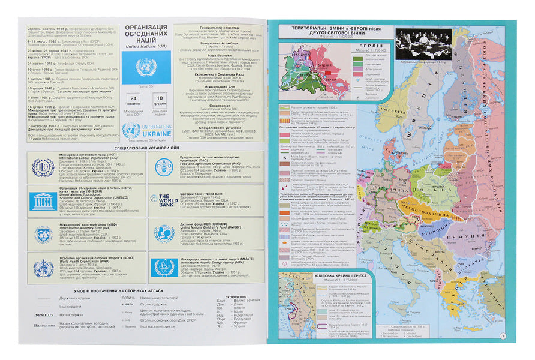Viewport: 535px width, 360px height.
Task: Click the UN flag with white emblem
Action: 145,67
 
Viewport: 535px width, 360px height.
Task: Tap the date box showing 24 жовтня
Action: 134,101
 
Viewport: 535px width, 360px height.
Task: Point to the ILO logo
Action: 43,167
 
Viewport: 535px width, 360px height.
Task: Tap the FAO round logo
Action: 163,167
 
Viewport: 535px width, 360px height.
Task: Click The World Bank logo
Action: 163,200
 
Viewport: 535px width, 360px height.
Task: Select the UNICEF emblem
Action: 163,233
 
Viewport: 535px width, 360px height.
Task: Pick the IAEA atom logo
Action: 163,267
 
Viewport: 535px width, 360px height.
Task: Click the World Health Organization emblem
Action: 43,267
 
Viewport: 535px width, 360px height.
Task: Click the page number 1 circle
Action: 503,337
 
